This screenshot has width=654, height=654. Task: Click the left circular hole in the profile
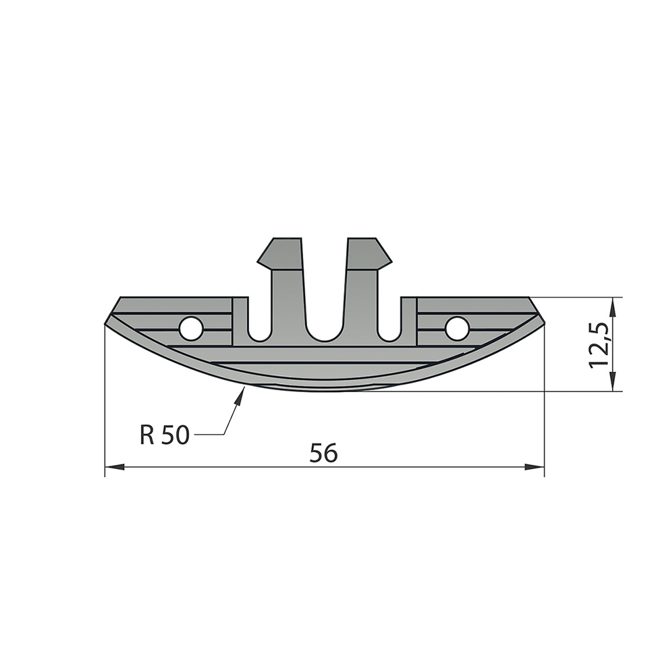point(191,327)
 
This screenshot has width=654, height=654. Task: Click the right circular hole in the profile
point(457,327)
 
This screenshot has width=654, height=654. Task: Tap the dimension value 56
point(323,453)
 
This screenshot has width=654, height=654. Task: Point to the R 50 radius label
point(165,435)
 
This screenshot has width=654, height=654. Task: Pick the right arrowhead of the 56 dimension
point(535,467)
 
